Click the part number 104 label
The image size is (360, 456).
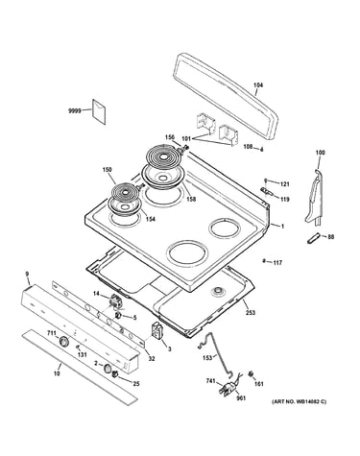(258, 85)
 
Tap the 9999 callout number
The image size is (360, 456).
(74, 111)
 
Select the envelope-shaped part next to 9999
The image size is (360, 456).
(99, 111)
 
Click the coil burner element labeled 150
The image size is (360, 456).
(127, 192)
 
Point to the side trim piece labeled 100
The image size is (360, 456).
(315, 199)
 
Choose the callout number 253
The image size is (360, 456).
(251, 312)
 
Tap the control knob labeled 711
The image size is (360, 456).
(63, 342)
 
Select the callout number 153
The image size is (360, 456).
(207, 357)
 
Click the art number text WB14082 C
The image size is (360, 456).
(300, 401)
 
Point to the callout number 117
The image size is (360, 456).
(277, 263)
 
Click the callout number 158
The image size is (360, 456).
(191, 199)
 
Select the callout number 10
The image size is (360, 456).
(57, 373)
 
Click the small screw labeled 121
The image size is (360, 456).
(266, 181)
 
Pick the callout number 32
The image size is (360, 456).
(152, 359)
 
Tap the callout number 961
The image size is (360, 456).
(241, 398)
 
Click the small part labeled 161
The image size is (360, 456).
(252, 373)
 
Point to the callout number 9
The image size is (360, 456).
(27, 274)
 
